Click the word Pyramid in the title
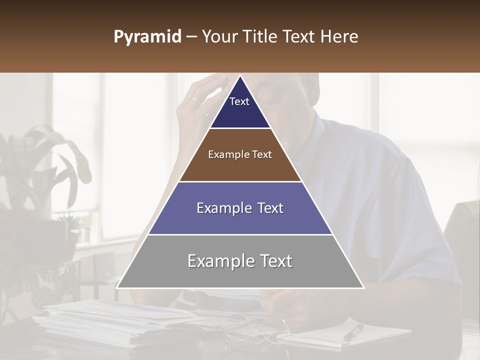click(147, 37)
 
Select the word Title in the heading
click(260, 37)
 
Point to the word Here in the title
click(339, 37)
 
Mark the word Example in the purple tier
click(219, 208)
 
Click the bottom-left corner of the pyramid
click(117, 287)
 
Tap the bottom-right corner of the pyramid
click(363, 287)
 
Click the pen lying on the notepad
click(354, 332)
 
